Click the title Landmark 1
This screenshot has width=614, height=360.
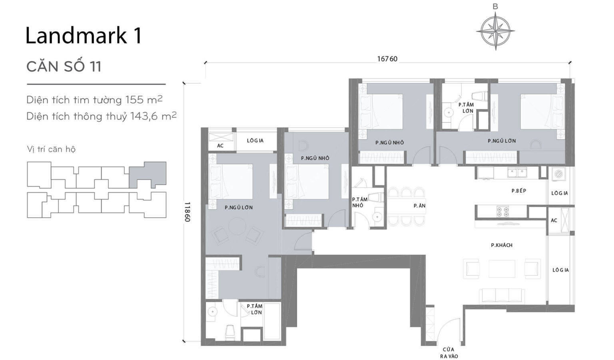click(83, 36)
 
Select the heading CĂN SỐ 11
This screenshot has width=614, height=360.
click(64, 66)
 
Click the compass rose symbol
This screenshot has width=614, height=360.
click(495, 31)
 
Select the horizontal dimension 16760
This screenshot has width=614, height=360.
click(387, 59)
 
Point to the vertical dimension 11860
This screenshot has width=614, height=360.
click(187, 212)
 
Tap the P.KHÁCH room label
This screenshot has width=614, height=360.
click(501, 245)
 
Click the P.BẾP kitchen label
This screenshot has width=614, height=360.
click(518, 191)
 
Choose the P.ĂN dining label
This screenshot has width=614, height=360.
click(419, 206)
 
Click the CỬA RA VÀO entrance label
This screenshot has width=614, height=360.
click(449, 352)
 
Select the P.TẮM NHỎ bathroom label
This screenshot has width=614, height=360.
click(359, 202)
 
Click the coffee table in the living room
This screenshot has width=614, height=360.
click(502, 268)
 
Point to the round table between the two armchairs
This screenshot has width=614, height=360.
click(237, 226)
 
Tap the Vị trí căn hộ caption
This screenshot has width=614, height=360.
click(51, 149)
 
